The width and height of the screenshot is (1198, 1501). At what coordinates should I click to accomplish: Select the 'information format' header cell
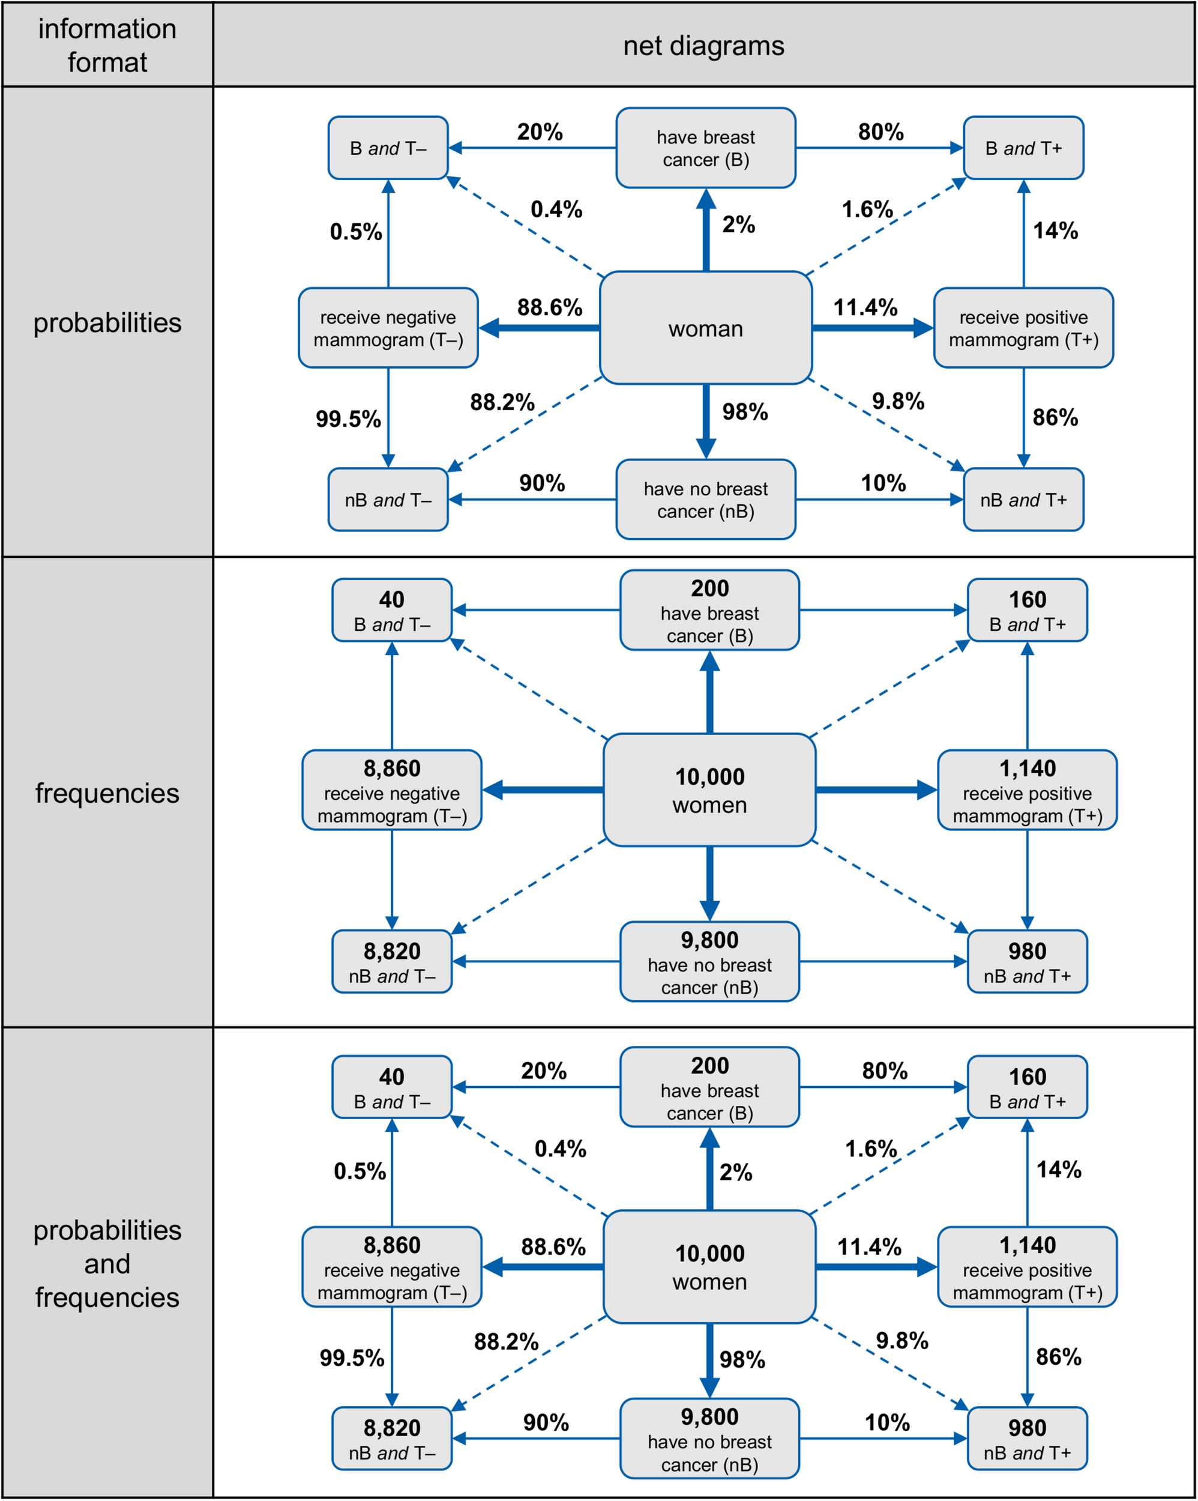coord(107,45)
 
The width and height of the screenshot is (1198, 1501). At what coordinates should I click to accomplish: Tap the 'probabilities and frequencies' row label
coord(107,1264)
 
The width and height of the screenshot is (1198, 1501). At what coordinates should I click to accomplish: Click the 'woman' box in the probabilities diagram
coord(705,328)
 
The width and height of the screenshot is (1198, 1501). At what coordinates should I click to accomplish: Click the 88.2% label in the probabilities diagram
coord(502,402)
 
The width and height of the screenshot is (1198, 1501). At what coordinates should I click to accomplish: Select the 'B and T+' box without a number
coord(1023,148)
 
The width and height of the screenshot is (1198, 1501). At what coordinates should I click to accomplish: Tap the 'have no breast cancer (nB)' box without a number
coord(705,499)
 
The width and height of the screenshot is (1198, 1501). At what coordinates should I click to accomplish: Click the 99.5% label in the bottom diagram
coord(352,1358)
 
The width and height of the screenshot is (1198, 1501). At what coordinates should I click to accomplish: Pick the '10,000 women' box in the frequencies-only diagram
coord(709,790)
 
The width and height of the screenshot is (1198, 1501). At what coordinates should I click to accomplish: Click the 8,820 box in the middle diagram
coord(391,961)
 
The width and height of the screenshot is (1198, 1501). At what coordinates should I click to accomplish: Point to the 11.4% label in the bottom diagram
coord(868,1246)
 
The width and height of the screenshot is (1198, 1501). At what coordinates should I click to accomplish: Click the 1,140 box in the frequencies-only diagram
coord(1027,790)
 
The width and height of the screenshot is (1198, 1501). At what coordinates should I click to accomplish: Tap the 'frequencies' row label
coord(107,793)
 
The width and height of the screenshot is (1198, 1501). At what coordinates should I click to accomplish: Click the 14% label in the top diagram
coord(1055,231)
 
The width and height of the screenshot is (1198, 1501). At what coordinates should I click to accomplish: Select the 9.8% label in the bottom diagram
coord(902,1340)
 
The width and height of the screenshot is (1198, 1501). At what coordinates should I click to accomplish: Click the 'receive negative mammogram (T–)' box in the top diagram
coord(388,328)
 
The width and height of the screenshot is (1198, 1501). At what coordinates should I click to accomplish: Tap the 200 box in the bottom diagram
coord(709,1087)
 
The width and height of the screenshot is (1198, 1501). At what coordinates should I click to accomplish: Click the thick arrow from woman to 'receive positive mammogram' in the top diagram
coord(870,328)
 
